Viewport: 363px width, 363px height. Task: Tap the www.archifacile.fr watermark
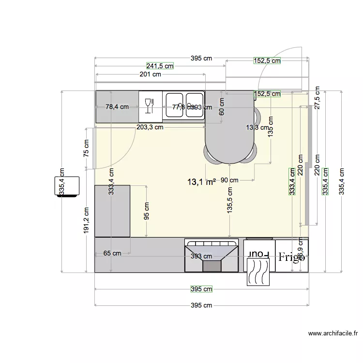coord(333,333)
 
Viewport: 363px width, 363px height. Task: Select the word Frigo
coord(292,257)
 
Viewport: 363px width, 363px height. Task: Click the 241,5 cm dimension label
coord(160,66)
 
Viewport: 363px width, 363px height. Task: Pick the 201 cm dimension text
coord(150,75)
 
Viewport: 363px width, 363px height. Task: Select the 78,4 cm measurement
coord(117,107)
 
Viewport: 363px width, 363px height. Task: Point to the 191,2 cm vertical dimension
coord(86,221)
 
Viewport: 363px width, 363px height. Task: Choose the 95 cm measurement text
coord(147,211)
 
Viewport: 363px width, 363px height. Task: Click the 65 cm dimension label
coord(112,253)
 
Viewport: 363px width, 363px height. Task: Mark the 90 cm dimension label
coord(229,180)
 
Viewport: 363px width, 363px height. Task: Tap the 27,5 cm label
coord(317,99)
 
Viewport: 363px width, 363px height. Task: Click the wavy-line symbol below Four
coord(259,272)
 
